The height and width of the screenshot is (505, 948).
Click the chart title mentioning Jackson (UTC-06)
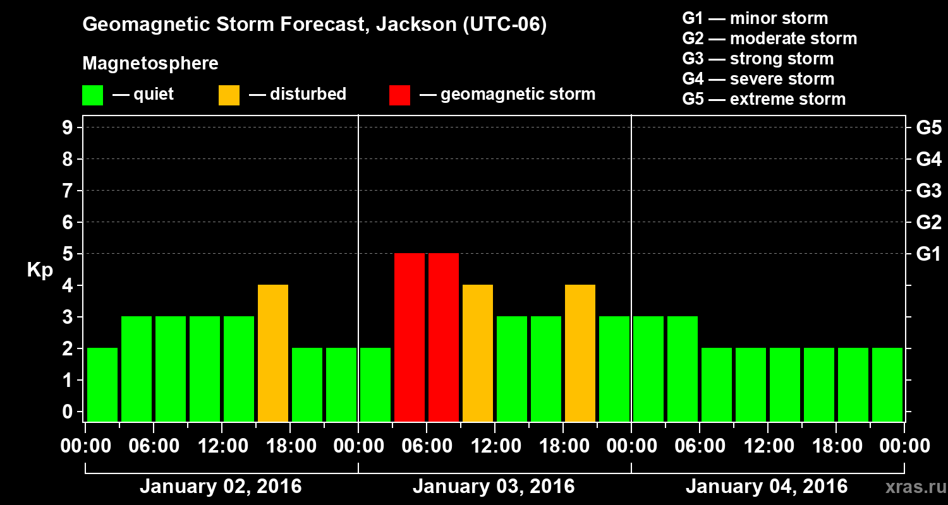[x=314, y=25]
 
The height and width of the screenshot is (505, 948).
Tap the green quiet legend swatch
[x=92, y=95]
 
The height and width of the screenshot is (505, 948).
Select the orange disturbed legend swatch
[x=229, y=95]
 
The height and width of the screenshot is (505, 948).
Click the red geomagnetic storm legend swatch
[x=399, y=95]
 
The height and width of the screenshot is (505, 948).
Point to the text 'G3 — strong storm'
[x=758, y=59]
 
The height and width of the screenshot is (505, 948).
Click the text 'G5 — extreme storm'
[x=763, y=99]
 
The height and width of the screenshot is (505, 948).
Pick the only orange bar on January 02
[x=273, y=353]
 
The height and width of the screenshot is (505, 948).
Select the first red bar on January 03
[x=410, y=337]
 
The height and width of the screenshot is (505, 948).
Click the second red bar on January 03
[x=444, y=337]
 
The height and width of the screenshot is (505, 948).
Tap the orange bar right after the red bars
[x=478, y=353]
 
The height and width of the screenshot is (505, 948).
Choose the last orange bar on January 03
[x=580, y=353]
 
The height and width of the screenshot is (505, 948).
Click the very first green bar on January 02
[x=102, y=384]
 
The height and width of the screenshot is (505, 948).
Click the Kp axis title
[x=40, y=270]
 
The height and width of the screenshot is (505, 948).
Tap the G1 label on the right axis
[x=928, y=254]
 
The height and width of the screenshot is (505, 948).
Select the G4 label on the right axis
[x=928, y=159]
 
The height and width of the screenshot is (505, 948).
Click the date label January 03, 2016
[x=494, y=487]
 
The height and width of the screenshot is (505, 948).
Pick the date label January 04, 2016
[x=767, y=487]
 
